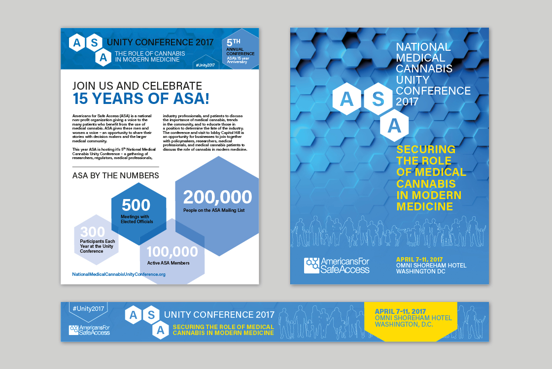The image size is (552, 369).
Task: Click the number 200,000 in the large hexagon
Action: point(217,198)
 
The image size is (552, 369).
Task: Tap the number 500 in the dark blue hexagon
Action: point(136,205)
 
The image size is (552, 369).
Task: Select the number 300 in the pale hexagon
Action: point(93,232)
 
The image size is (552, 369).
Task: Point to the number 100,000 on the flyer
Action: point(172,252)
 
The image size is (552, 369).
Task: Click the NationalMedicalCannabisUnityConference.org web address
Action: point(119,274)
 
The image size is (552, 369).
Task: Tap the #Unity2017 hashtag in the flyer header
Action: point(205,65)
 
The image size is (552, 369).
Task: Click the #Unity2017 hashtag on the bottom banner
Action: point(88,308)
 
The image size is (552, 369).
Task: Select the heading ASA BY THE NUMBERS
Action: point(116,175)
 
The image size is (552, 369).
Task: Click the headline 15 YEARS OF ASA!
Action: point(141,99)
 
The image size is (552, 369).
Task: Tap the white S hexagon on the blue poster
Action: point(378,99)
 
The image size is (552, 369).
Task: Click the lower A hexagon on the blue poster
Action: point(394,127)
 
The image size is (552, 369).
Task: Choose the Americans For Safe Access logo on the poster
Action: point(337,265)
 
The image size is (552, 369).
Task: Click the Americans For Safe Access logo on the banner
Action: point(89,330)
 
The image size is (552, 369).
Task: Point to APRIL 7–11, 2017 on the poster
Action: point(419,260)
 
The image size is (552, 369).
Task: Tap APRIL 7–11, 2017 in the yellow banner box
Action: point(400,311)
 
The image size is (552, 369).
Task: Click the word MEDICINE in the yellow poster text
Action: point(424,206)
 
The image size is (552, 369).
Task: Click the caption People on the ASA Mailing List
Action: point(214,210)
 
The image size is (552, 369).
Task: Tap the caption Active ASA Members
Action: point(168,263)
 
